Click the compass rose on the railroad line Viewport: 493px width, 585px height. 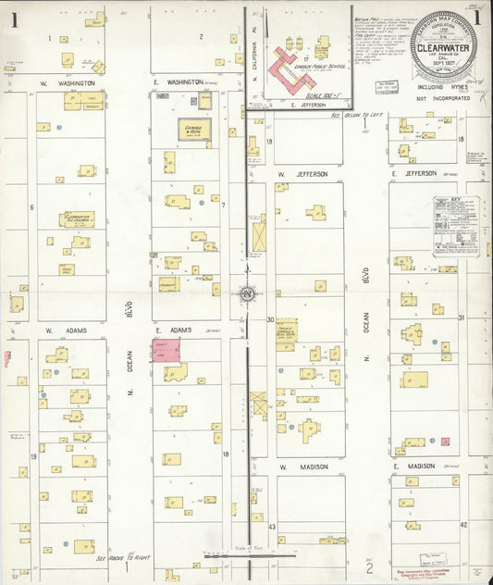tap(247, 294)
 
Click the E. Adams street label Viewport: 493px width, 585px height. tap(173, 330)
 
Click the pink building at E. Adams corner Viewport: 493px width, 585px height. tap(166, 350)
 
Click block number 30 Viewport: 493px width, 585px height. tap(271, 319)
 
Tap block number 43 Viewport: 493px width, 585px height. tap(272, 526)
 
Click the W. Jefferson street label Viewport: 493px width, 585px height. tap(298, 173)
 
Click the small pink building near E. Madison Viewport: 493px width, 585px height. tap(445, 442)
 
